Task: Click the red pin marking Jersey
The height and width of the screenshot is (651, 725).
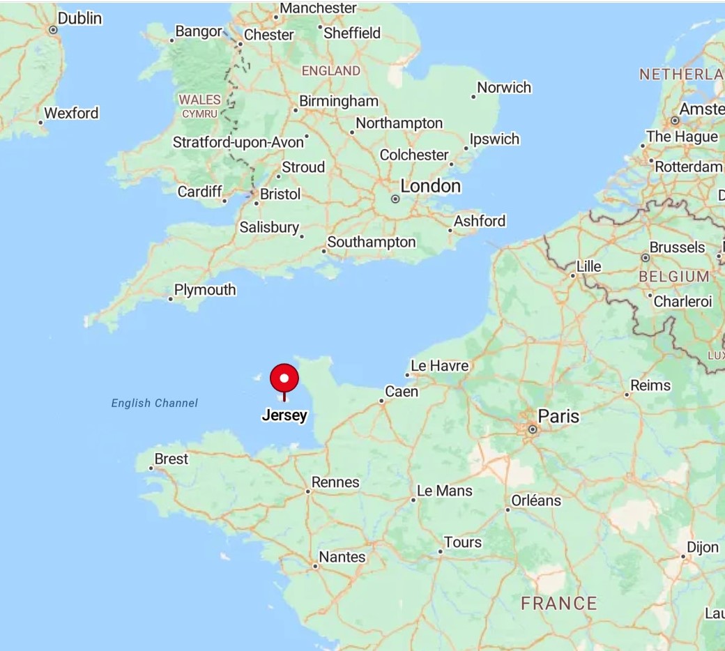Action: (284, 379)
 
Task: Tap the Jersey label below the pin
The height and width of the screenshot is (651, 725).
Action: (284, 416)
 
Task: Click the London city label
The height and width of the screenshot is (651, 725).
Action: (430, 186)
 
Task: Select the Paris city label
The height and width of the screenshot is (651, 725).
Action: (558, 417)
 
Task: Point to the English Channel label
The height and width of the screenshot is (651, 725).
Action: (155, 403)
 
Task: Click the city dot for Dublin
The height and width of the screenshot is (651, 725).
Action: (53, 30)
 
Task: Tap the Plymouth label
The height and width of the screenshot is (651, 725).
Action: (205, 290)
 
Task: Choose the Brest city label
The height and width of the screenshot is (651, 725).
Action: (171, 459)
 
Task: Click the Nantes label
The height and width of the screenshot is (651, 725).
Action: (342, 557)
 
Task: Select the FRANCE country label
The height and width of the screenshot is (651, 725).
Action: (559, 604)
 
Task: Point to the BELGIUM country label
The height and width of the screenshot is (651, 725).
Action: (674, 277)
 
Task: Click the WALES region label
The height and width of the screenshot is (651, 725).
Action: (199, 100)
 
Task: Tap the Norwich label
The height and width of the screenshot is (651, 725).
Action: (504, 88)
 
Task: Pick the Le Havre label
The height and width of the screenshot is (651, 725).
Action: (440, 366)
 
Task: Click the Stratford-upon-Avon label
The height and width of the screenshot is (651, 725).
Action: (238, 142)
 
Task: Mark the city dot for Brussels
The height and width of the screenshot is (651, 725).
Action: (646, 258)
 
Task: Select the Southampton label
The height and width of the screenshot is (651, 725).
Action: (372, 243)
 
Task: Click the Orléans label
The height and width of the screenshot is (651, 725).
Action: (536, 500)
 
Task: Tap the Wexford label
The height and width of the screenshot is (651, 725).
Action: (72, 113)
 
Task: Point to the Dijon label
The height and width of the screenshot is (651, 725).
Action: (703, 548)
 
